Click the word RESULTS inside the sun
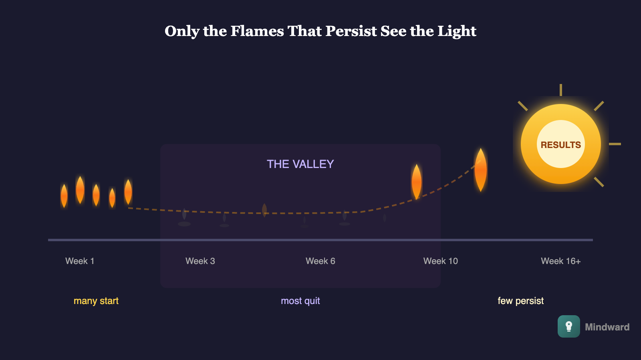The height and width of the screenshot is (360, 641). pos(560,145)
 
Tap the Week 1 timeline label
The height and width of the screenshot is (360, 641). pos(80,261)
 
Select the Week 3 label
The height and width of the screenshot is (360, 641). pos(200,261)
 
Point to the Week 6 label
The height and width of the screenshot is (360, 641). pos(320,261)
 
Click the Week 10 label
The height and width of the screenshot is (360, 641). pos(440,261)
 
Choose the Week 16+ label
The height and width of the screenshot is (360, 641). pos(560,261)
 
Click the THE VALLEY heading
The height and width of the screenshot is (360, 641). pos(300,164)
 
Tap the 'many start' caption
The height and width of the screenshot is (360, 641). pos(96,301)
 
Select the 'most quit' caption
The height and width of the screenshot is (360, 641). pos(300,301)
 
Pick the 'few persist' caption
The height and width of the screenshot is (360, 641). pos(520,301)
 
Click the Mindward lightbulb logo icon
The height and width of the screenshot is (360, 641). pos(568,326)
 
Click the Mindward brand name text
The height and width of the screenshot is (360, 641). pos(607,327)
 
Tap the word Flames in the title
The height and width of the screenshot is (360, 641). pos(257,31)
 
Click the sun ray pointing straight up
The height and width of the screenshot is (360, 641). pos(560,90)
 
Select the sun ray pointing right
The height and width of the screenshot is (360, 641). pos(615,144)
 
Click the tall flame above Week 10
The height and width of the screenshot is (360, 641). pos(417,182)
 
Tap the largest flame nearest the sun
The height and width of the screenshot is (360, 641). pos(480,170)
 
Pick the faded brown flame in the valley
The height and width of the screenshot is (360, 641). pos(264,210)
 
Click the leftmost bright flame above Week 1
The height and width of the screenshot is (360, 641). pos(64,196)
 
